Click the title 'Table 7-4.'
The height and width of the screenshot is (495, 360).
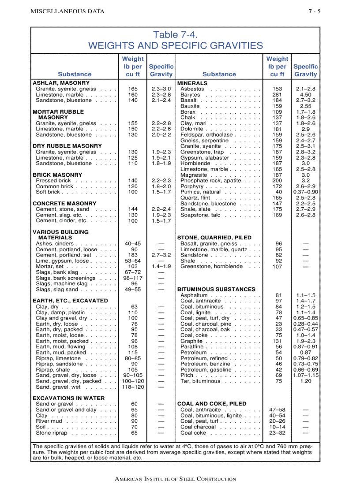pyautogui.click(x=175, y=34)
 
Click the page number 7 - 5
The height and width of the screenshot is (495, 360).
pyautogui.click(x=314, y=11)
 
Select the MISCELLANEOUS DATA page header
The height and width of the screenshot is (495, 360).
pyautogui.click(x=67, y=11)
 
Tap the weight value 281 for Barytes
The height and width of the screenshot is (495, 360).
pyautogui.click(x=277, y=95)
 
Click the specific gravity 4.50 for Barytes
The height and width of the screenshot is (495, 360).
pyautogui.click(x=305, y=95)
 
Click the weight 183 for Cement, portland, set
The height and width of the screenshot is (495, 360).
pyautogui.click(x=132, y=255)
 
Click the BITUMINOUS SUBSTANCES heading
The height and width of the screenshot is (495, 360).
pyautogui.click(x=216, y=290)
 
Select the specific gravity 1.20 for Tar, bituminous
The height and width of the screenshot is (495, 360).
pyautogui.click(x=305, y=381)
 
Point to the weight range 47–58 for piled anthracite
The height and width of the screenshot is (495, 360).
pyautogui.click(x=277, y=410)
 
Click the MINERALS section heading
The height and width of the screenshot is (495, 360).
pyautogui.click(x=192, y=83)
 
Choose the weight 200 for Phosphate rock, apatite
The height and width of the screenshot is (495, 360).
pyautogui.click(x=277, y=181)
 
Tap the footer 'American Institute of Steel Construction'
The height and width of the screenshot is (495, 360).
pyautogui.click(x=175, y=479)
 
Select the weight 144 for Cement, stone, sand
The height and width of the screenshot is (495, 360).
pyautogui.click(x=132, y=209)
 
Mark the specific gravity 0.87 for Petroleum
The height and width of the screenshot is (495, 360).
pyautogui.click(x=305, y=353)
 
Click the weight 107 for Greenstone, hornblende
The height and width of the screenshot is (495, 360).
pyautogui.click(x=277, y=267)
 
